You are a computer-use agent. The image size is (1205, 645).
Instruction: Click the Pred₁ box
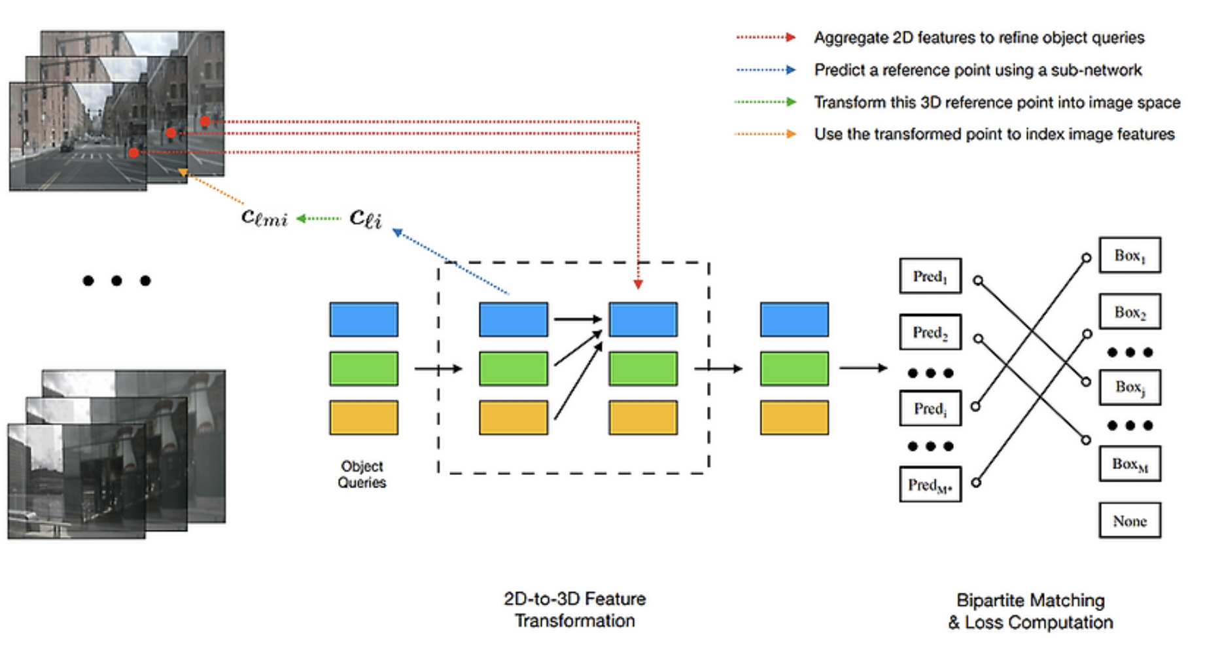click(x=930, y=276)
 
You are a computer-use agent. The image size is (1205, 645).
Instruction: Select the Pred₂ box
click(x=930, y=332)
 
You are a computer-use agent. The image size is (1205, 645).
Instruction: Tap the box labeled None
click(x=1129, y=521)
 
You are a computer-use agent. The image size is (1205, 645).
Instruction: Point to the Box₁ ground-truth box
click(x=1129, y=255)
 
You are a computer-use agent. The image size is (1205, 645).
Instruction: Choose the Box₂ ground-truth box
click(x=1129, y=312)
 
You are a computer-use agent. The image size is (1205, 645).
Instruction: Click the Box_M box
click(x=1129, y=464)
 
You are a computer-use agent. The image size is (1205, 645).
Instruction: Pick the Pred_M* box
click(x=930, y=485)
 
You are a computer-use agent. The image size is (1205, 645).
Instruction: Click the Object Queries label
click(x=362, y=474)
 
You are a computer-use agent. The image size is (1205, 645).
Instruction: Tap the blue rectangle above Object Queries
click(x=364, y=319)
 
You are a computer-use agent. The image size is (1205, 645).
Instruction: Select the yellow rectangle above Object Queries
click(x=364, y=417)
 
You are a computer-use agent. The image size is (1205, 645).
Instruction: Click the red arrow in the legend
click(x=765, y=37)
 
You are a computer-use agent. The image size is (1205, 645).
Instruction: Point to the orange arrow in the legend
click(x=765, y=134)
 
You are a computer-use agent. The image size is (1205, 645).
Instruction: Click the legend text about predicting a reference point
click(x=977, y=70)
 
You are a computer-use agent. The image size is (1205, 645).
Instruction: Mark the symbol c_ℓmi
click(x=264, y=217)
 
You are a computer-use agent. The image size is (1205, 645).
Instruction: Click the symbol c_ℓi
click(x=365, y=217)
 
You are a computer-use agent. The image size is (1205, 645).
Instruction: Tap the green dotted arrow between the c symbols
click(x=319, y=218)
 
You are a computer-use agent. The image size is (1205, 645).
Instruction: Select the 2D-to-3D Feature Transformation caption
click(x=574, y=610)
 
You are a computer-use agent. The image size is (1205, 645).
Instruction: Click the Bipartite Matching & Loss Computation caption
click(x=1030, y=611)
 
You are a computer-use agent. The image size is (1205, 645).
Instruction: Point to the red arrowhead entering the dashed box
click(x=638, y=285)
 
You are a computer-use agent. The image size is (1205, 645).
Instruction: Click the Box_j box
click(x=1129, y=387)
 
